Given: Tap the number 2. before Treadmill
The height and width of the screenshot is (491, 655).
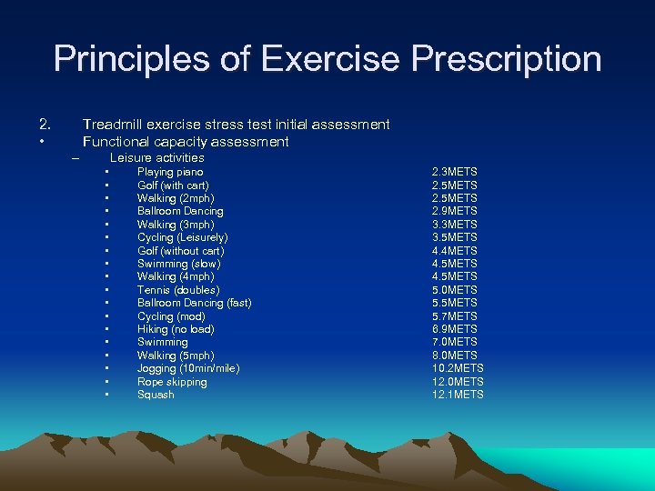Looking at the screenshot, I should click(x=45, y=124).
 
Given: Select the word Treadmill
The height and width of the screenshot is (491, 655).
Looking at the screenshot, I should click(x=115, y=124).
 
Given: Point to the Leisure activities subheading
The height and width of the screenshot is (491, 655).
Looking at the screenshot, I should click(x=156, y=157).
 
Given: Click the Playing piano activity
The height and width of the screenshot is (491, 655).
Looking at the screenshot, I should click(x=170, y=172).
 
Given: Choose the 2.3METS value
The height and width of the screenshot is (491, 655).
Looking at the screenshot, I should click(x=454, y=172).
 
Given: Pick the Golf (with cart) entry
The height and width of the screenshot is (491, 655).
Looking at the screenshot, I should click(x=173, y=185).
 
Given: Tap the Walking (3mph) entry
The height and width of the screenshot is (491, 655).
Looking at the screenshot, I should click(x=176, y=225).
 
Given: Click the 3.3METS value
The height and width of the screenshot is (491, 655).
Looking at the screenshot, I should click(x=454, y=225).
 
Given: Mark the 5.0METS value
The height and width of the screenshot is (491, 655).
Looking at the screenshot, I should click(x=454, y=290).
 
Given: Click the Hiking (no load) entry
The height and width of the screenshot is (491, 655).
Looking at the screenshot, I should click(x=176, y=329).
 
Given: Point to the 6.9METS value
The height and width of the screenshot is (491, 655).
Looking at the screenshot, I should click(x=454, y=329).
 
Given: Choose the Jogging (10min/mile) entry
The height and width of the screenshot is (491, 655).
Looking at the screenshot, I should click(x=188, y=368).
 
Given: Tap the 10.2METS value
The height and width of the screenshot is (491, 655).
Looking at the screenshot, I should click(x=458, y=368).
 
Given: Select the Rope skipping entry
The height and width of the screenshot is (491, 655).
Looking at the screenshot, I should click(x=172, y=382).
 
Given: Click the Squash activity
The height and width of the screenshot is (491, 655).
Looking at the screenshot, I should click(x=156, y=395).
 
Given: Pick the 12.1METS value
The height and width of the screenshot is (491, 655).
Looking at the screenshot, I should click(x=458, y=395).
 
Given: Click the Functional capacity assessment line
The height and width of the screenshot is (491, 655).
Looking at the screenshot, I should click(x=186, y=142).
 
